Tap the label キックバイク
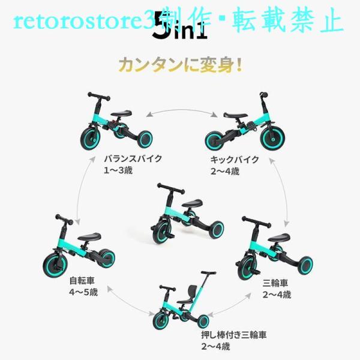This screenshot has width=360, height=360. tap(234, 160)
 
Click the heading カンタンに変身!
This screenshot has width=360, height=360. tap(179, 64)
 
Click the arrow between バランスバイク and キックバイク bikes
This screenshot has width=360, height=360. tap(179, 110)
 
